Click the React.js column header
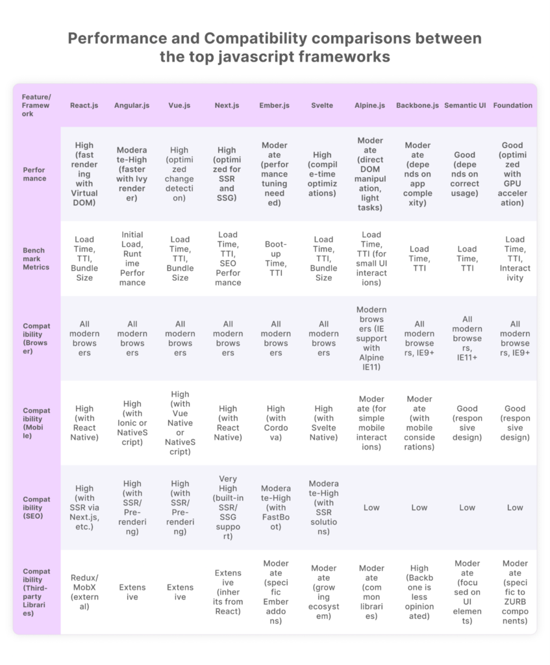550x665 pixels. (84, 105)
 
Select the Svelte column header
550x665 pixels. (323, 105)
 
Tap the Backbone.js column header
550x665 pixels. (418, 105)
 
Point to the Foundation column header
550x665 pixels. (513, 105)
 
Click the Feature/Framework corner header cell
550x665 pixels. (36, 105)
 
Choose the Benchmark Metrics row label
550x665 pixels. (36, 258)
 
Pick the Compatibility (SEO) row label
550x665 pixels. (36, 508)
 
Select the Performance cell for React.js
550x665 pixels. (84, 174)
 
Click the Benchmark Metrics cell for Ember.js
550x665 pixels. (275, 258)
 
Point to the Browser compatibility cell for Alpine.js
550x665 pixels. (371, 338)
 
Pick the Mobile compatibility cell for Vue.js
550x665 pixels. (180, 423)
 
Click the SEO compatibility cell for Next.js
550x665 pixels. (228, 508)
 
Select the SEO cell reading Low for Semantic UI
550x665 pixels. (467, 508)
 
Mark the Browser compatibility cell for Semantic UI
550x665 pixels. (467, 338)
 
